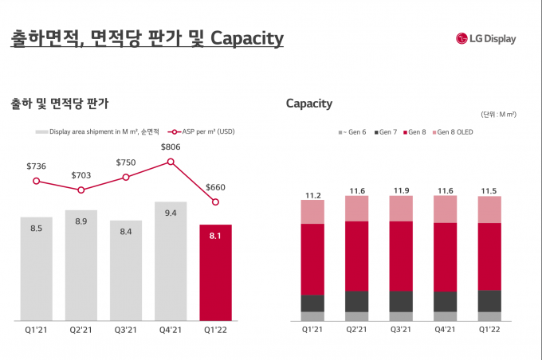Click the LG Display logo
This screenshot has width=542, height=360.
click(x=486, y=38)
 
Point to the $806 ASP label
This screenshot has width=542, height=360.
click(x=171, y=147)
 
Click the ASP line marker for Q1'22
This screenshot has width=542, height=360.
click(x=215, y=202)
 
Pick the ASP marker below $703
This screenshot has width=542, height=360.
click(x=81, y=190)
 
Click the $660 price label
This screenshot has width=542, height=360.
click(x=215, y=187)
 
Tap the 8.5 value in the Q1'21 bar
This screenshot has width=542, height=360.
click(x=37, y=229)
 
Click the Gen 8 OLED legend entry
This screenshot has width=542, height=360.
click(x=454, y=131)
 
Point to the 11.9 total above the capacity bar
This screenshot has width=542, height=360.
click(x=401, y=191)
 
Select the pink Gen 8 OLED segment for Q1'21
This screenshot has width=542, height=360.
click(x=312, y=212)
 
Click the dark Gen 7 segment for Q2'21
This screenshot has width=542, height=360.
click(x=356, y=301)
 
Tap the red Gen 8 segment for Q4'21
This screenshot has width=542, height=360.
click(x=445, y=256)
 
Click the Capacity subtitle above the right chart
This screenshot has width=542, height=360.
click(x=309, y=104)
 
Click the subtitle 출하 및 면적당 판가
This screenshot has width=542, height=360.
click(x=60, y=104)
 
